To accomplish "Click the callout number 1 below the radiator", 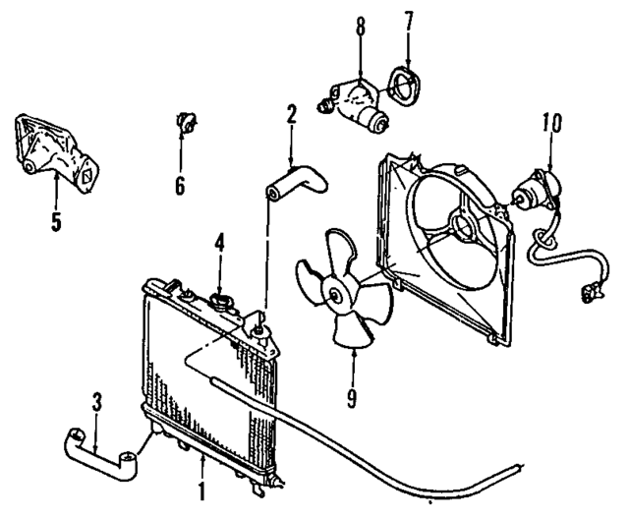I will point(203,489).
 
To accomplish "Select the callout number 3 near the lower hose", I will point(95,402).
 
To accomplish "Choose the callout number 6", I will point(180,184).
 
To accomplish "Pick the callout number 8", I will point(361,24).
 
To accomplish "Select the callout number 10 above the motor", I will point(549,124).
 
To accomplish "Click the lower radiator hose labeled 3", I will point(98,451).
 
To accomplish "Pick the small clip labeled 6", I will point(181,123).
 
